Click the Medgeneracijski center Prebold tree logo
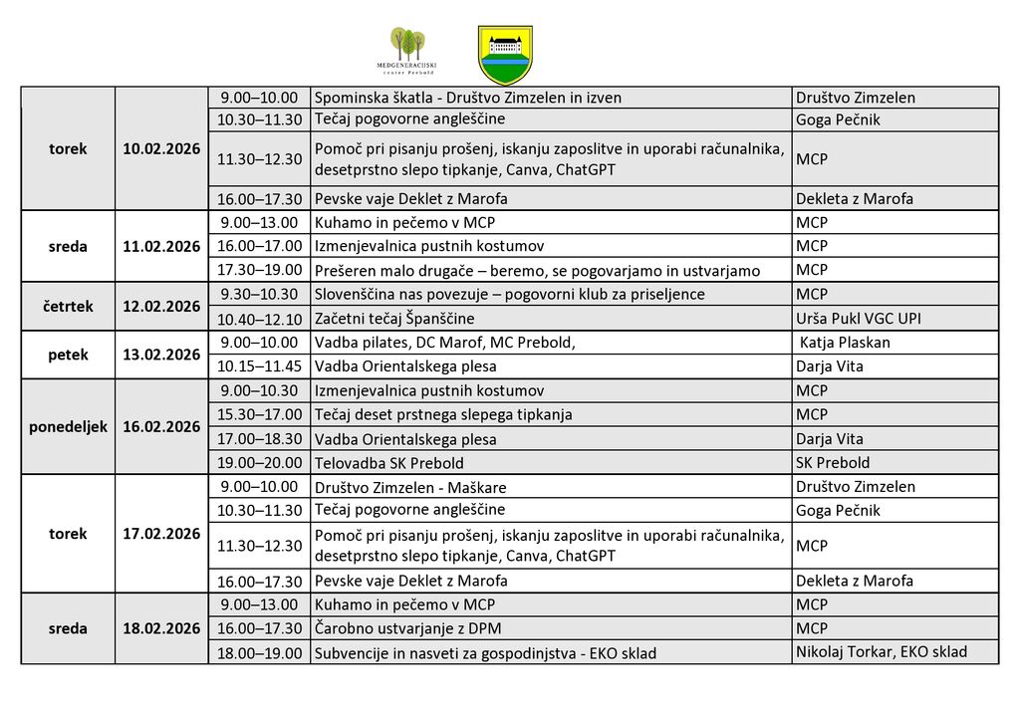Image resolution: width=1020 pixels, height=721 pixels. [x=406, y=51]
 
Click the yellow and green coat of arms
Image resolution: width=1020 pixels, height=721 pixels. [x=505, y=54]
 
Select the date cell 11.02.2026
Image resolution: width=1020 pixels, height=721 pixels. [x=161, y=246]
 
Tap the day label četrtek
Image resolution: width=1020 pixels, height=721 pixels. [x=68, y=306]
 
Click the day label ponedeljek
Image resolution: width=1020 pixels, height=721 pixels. [x=68, y=426]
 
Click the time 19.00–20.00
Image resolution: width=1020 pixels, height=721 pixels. [x=259, y=462]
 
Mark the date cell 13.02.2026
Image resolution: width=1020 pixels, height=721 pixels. [x=161, y=355]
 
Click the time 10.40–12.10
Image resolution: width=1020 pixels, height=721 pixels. [x=259, y=319]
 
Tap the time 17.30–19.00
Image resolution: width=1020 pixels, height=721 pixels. [x=259, y=270]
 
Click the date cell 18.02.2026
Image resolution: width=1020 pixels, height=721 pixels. [x=161, y=628]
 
